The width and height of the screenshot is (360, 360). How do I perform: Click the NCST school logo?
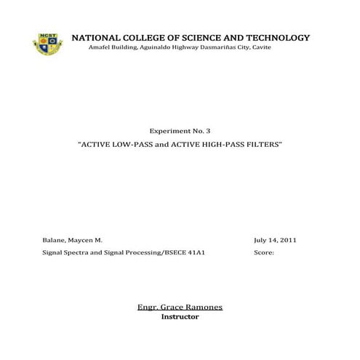[x=47, y=43]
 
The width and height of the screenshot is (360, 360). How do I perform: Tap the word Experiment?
[x=168, y=131]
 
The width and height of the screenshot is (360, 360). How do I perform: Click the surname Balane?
[x=55, y=240]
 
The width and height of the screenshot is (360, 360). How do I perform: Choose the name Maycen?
[x=85, y=240]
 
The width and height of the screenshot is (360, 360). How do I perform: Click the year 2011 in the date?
[x=285, y=240]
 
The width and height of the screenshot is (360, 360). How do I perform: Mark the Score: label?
[x=265, y=255]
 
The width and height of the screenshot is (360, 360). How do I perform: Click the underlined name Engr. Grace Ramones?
[x=180, y=308]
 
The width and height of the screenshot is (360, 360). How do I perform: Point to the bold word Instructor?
[x=180, y=317]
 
